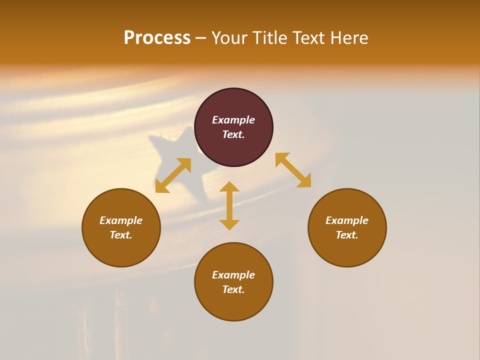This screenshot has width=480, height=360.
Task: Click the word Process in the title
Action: pos(157,38)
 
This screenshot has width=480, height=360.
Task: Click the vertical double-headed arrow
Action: pos(229,205)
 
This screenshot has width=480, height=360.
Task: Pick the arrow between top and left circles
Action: pos(173,175)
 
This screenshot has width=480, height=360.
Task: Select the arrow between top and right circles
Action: pos(293,170)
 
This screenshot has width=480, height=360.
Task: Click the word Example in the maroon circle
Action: pos(233,120)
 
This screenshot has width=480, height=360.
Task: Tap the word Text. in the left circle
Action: pos(121,235)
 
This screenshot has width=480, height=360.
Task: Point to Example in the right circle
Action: pos(347,220)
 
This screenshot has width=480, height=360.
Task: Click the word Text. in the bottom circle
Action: pos(233,289)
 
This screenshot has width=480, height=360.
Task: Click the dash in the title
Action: pos(201,38)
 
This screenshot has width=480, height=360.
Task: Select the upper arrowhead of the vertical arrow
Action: pos(229,187)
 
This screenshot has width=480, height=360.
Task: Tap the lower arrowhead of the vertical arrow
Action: pos(229,224)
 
